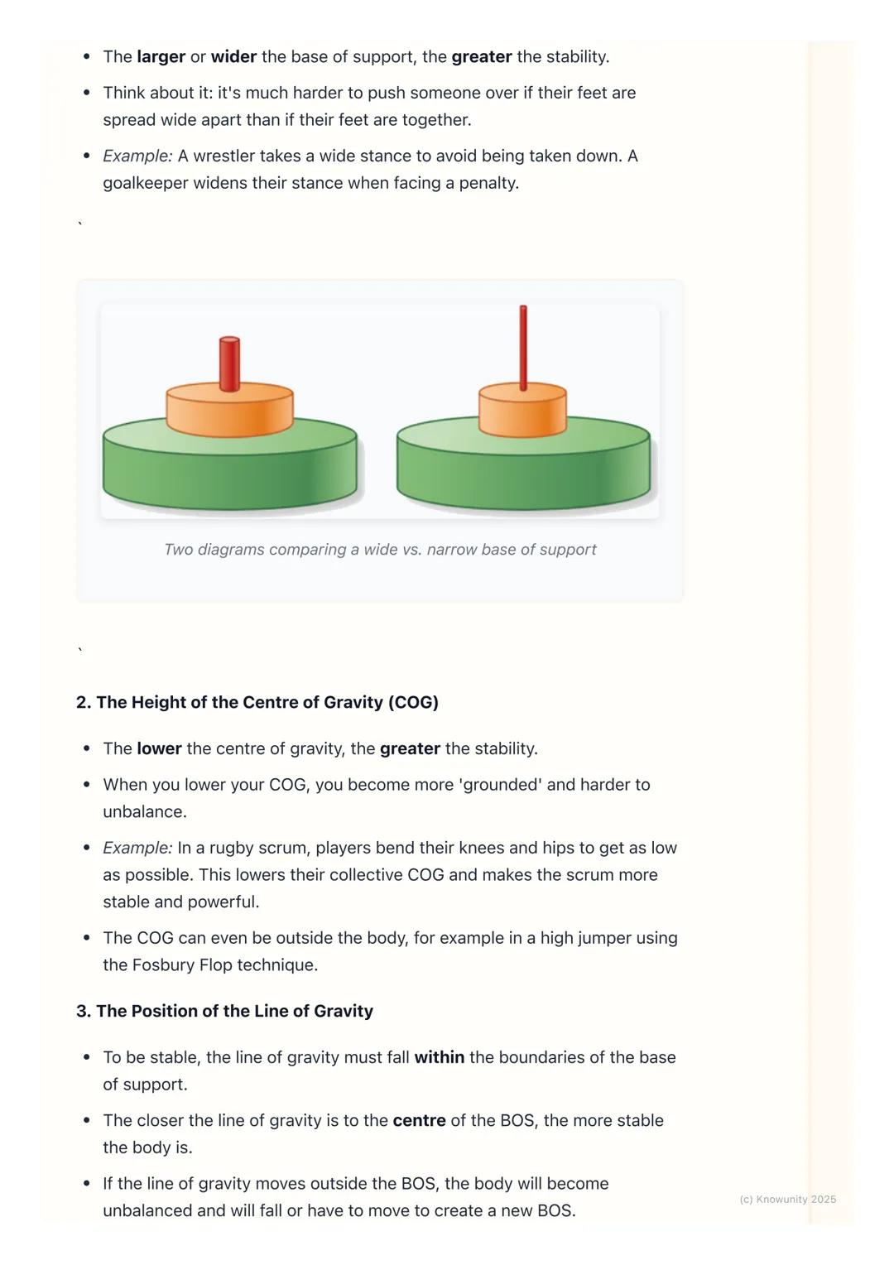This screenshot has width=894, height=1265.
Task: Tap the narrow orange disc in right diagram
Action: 522,411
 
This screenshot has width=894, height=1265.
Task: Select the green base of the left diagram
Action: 229,472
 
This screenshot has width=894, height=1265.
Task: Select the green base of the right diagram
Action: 523,472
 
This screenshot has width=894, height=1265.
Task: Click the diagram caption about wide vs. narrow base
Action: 380,550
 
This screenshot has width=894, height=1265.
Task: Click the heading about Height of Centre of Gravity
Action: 257,702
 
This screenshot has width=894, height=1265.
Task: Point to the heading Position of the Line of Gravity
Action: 224,1011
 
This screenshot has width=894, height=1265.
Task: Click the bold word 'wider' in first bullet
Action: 233,56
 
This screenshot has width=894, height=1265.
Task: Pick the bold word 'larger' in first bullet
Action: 161,56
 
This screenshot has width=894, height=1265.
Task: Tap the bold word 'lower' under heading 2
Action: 159,748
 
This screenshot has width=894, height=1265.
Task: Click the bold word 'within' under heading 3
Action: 439,1057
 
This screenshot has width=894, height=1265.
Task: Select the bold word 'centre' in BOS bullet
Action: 418,1120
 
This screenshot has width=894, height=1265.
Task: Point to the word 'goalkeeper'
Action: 146,183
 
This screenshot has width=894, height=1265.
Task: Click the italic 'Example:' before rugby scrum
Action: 137,848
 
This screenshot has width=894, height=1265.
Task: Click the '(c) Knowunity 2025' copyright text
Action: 787,1199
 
